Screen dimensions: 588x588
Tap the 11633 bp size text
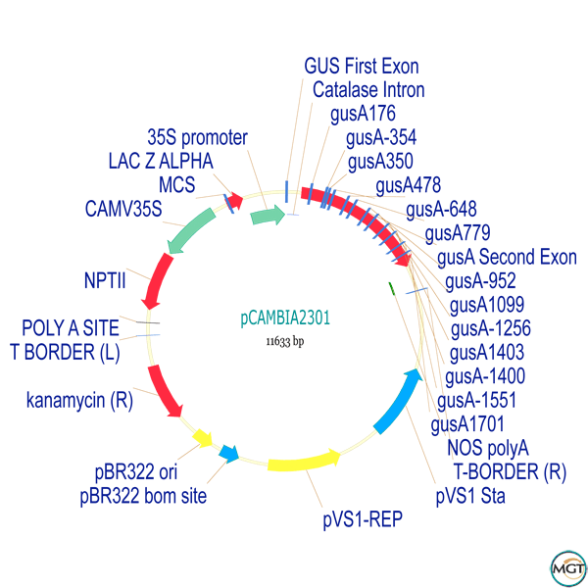[x=285, y=342]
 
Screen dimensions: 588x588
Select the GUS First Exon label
[x=362, y=67]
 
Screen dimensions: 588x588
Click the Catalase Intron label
[x=368, y=90]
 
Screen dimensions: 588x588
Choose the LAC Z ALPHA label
[x=161, y=161]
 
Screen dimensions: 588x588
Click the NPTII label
[x=105, y=280]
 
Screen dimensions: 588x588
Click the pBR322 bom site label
[x=143, y=497]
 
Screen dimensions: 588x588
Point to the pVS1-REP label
[x=363, y=516]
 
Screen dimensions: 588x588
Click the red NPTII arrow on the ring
[x=155, y=280]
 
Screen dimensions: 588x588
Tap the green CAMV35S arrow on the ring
[x=191, y=229]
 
